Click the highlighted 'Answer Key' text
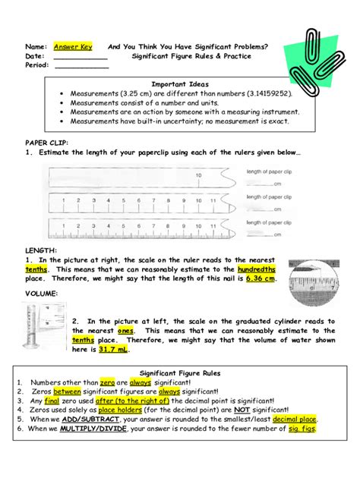click(72, 46)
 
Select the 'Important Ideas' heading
click(174, 83)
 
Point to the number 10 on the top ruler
click(198, 175)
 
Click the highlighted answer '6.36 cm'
click(260, 278)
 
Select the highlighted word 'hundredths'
click(256, 269)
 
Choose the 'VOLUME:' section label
click(41, 293)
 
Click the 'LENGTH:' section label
click(40, 250)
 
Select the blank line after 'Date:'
click(80, 56)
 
